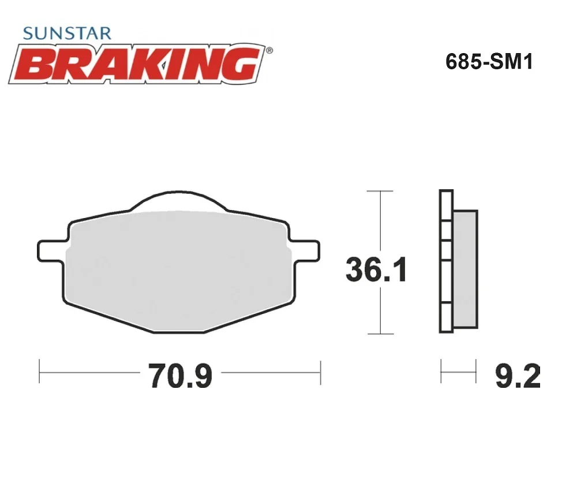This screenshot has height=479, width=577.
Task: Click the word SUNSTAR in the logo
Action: (67, 33)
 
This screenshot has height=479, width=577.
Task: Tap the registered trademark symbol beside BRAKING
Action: (269, 50)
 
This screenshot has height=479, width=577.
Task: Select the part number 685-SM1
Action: (489, 62)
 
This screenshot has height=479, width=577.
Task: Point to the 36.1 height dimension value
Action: (376, 270)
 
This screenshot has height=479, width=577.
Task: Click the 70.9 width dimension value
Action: (180, 376)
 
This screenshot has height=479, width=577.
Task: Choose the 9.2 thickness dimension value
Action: (518, 376)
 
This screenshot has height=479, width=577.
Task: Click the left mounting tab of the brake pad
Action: (52, 251)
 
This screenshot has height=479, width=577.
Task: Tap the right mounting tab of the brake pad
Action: (305, 251)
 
